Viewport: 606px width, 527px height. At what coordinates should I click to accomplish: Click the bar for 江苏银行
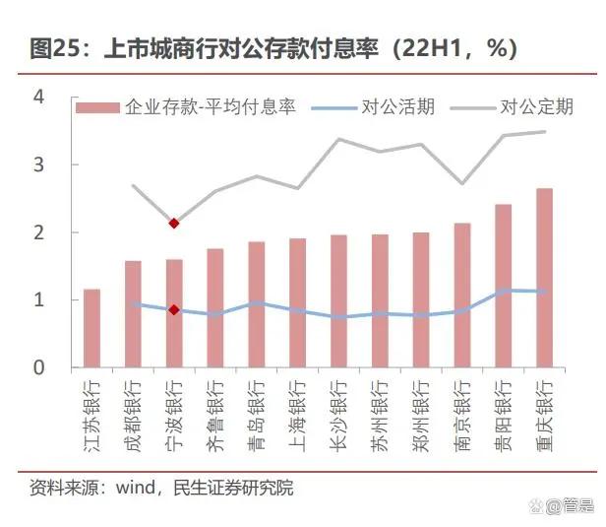coord(91,328)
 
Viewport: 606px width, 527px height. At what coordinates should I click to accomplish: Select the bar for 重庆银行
coord(544,278)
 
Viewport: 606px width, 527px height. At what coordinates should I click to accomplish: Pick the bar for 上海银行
coord(297,302)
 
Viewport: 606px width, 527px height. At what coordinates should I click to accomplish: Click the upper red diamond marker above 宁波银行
coord(174,224)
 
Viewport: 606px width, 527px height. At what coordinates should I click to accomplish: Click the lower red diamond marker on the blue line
coord(174,310)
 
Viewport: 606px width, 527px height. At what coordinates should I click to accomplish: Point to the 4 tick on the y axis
coord(39,98)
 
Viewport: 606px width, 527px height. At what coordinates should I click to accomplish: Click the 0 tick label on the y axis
coord(39,367)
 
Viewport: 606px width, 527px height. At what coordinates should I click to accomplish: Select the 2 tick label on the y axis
coord(39,232)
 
